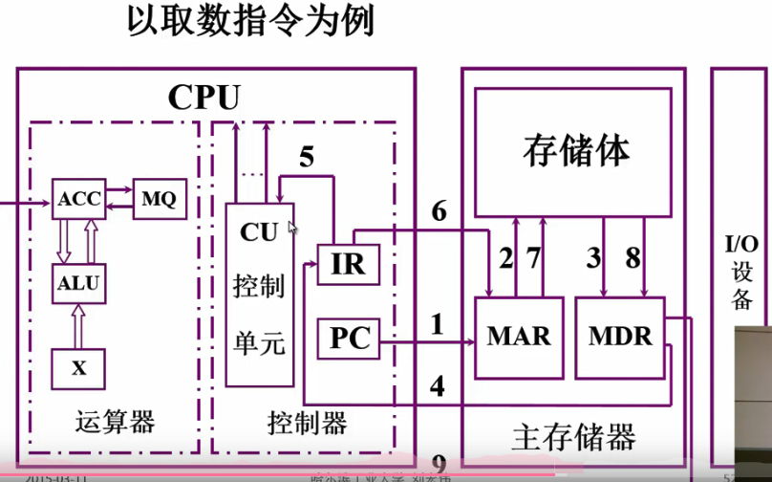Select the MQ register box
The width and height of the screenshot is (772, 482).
coord(158,199)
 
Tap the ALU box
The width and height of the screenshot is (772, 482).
coord(78,283)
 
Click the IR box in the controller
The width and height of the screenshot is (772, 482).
coord(348,264)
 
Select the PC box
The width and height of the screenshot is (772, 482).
coord(348,339)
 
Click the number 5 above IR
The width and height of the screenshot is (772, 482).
coord(306,156)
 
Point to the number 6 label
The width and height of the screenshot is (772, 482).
coord(439,210)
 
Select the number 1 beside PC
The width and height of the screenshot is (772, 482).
coord(438,326)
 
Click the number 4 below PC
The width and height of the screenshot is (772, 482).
coord(438,386)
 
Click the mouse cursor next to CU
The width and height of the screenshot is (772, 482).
coord(292,228)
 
